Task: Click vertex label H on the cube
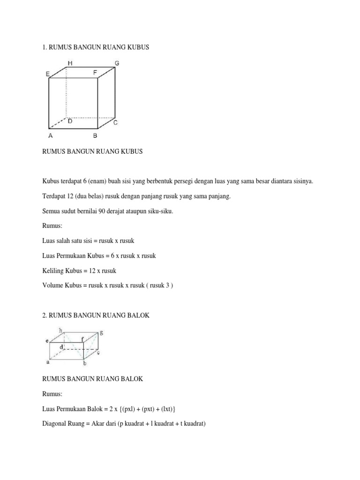pos(70,63)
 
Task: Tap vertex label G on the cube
pos(117,63)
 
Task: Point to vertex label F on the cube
pos(95,73)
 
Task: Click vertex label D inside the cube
pos(70,121)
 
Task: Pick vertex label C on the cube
pos(115,123)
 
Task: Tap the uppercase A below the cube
pos(50,136)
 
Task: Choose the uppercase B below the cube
pos(95,136)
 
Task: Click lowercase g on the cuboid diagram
pos(101,332)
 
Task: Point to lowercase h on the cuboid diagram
pos(60,330)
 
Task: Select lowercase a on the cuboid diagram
pos(48,361)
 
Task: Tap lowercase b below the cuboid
pos(85,363)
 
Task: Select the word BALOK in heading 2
pos(138,315)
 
